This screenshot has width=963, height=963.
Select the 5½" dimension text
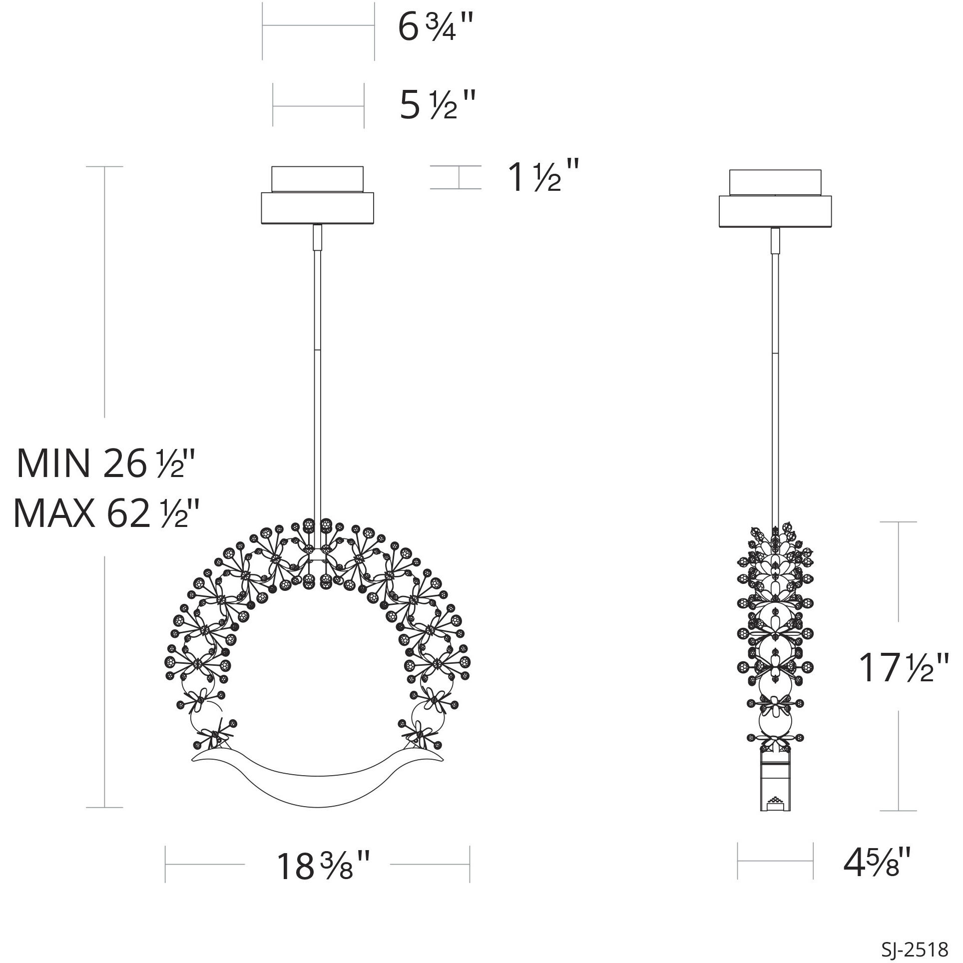[x=436, y=106]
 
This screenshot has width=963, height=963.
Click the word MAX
[x=54, y=513]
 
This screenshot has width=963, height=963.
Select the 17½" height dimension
[x=903, y=668]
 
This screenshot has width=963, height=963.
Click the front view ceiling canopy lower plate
[x=318, y=209]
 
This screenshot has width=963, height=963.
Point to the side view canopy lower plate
[x=775, y=212]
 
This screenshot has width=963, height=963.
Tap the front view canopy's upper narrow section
[x=318, y=179]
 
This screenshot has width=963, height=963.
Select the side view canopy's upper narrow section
[x=775, y=182]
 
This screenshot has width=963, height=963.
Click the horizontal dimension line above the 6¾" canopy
[x=319, y=24]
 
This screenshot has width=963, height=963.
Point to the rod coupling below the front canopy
[x=317, y=238]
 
